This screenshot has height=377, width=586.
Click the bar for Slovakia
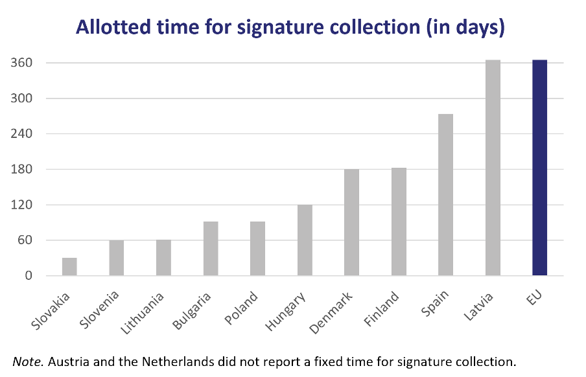69,267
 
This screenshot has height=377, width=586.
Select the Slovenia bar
117,258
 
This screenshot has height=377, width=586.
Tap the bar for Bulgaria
211,249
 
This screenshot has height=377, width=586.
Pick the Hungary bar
305,240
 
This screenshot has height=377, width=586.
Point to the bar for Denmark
351,222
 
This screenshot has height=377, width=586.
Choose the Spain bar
445,195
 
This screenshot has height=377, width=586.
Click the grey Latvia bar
493,168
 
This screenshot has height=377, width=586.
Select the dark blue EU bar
539,168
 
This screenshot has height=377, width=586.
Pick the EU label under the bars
537,300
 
